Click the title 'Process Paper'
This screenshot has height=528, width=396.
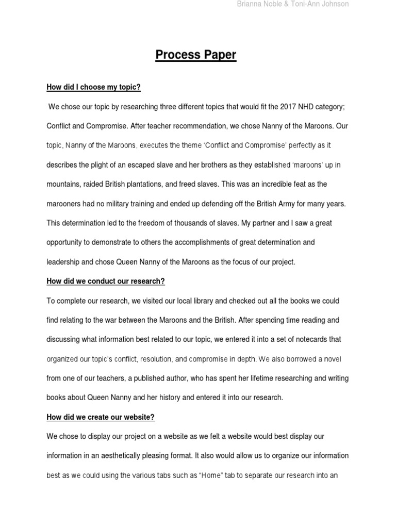click(196, 55)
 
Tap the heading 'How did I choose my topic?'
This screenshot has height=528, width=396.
click(93, 87)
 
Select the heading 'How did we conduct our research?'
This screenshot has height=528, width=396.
click(106, 281)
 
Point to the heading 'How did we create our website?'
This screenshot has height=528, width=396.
click(101, 417)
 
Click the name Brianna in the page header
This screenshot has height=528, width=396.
click(249, 4)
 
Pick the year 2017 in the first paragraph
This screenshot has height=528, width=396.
click(289, 107)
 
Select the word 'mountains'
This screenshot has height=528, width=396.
click(63, 184)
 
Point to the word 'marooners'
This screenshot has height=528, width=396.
click(64, 204)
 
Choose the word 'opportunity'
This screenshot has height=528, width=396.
click(65, 242)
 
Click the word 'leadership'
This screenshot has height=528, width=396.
click(63, 261)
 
